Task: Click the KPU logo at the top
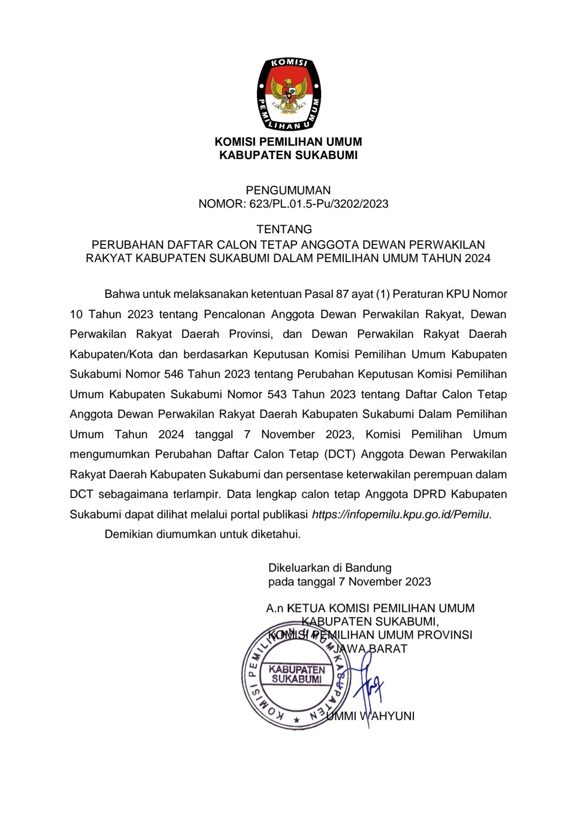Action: tap(288, 94)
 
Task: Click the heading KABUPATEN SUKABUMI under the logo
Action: tap(288, 155)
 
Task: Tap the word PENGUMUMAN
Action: tap(288, 190)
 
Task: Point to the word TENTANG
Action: tap(284, 230)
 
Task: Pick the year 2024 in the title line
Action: tap(477, 259)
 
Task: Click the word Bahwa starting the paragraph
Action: tap(121, 294)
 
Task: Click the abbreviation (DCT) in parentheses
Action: tap(340, 454)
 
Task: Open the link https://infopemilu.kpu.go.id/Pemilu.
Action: tap(401, 515)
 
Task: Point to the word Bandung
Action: tap(368, 568)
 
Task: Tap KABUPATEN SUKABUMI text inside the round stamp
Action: tap(297, 674)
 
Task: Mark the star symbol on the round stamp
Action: tap(296, 720)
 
